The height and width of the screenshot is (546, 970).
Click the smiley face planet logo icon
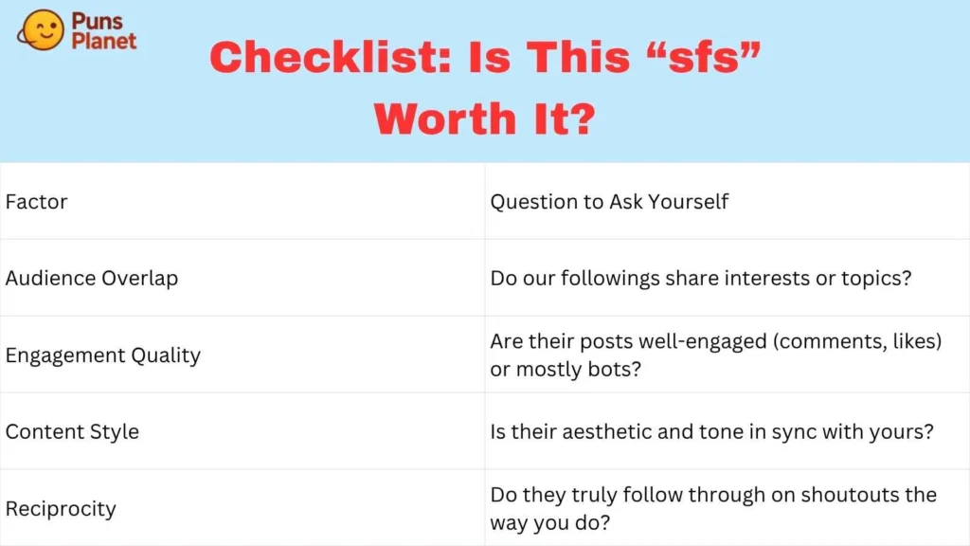click(41, 30)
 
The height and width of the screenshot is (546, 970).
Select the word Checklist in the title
click(331, 58)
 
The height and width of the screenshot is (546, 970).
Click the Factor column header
click(36, 202)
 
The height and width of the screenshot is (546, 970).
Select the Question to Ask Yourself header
click(609, 202)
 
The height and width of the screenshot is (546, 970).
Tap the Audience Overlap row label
click(91, 279)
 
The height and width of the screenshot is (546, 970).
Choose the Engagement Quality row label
click(102, 355)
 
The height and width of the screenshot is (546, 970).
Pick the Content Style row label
click(72, 432)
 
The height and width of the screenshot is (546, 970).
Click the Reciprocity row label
click(61, 509)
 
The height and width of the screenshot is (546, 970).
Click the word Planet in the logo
click(104, 40)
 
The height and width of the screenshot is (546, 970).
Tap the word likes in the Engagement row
click(911, 342)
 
